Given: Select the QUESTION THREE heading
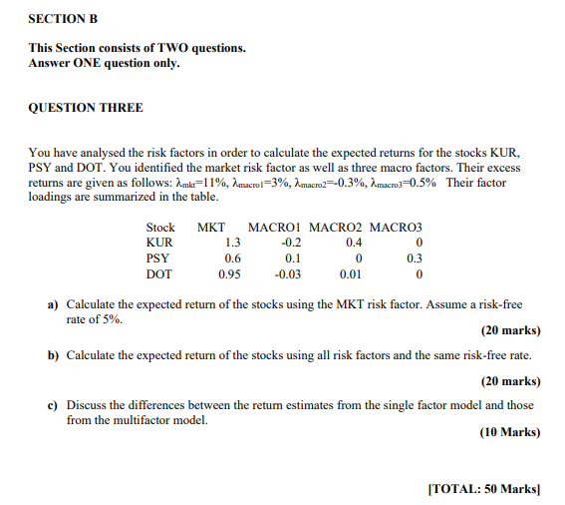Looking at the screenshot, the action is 86,107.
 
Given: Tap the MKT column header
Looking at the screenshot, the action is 210,228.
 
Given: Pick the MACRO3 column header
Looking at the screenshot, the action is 396,228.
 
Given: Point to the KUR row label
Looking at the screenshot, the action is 159,243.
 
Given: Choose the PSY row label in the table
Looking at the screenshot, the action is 158,258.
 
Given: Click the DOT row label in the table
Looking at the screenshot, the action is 159,274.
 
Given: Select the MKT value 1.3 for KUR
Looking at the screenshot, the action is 232,243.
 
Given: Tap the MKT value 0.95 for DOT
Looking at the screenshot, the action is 229,274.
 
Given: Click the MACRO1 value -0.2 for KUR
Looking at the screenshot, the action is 291,243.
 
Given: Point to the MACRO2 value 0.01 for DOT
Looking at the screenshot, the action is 350,274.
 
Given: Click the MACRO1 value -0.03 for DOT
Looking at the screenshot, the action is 288,274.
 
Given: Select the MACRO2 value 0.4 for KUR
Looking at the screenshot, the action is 354,243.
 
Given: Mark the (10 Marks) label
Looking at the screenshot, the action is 510,432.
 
